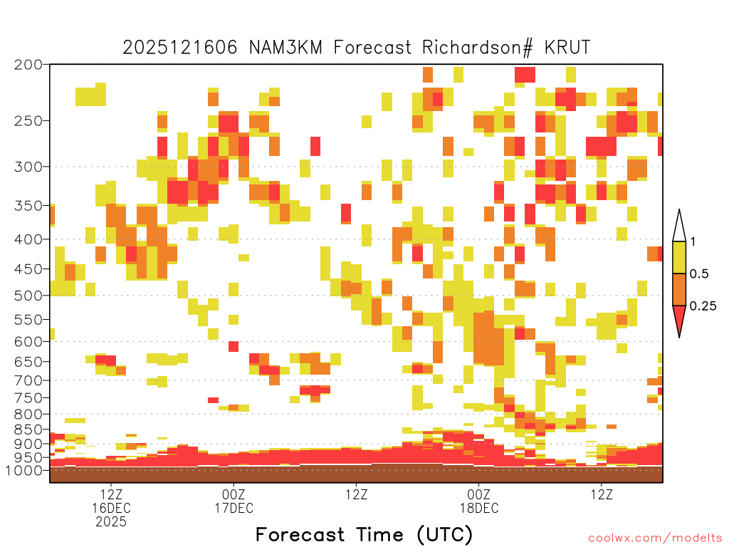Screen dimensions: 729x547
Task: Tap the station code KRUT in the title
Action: coord(567,48)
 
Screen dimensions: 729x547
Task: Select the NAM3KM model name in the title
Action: coord(286,48)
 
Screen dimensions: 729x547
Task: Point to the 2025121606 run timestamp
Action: coord(180,48)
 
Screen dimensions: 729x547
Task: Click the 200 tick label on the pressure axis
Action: coord(28,65)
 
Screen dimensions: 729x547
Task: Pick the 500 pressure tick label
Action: coord(28,296)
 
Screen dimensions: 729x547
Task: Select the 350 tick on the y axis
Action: coord(28,206)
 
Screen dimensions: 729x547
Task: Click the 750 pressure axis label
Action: coord(28,397)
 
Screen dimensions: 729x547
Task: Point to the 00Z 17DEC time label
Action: coord(234,501)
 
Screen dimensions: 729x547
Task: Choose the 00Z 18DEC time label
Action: coord(479,501)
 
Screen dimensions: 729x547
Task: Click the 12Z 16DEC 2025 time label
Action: coord(111,508)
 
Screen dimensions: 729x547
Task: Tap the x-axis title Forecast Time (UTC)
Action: coord(364,535)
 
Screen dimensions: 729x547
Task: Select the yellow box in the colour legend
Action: coord(679,257)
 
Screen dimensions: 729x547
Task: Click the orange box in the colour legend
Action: coord(679,289)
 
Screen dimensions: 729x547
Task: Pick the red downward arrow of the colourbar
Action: coord(679,320)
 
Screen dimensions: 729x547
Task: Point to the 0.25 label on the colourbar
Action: coord(703,306)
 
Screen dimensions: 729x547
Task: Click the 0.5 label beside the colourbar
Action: coord(699,273)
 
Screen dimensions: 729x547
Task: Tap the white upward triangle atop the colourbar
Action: coord(679,226)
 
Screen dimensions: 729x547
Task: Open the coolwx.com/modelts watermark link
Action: coord(655,538)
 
